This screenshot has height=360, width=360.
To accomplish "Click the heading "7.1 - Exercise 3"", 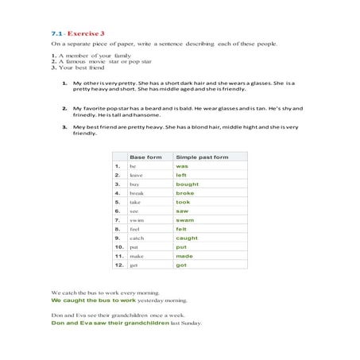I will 78,34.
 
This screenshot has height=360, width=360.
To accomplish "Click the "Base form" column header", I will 145,157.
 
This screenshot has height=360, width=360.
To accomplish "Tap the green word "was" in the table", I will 181,166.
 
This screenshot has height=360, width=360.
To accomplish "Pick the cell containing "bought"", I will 187,184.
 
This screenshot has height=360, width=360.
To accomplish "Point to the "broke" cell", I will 184,193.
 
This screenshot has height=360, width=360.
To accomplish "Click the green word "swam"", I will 185,219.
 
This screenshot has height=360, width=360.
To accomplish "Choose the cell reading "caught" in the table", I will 187,238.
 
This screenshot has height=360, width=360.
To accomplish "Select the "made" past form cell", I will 184,256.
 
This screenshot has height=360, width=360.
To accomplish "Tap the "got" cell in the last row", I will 180,265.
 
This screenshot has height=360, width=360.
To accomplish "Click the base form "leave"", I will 136,175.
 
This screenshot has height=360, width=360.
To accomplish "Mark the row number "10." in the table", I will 117,246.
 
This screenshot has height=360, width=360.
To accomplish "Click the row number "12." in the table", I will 117,265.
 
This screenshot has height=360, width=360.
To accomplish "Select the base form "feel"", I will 134,229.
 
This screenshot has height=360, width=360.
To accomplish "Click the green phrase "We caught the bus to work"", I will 94,301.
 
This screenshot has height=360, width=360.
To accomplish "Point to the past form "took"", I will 183,202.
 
